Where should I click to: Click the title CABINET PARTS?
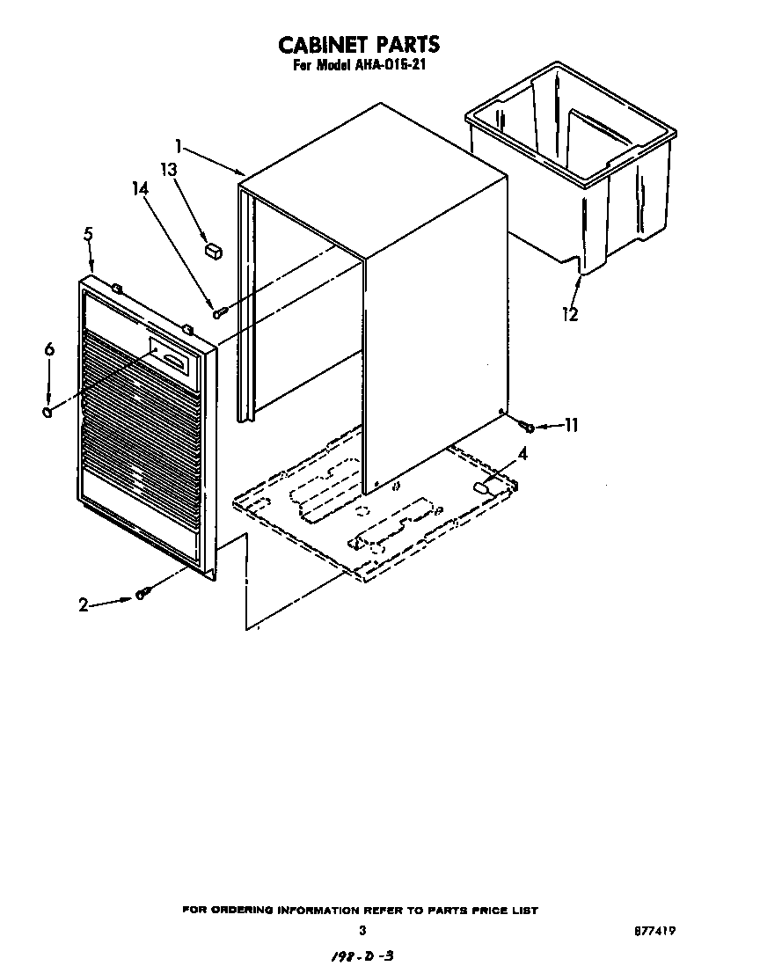358,44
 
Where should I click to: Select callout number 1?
178,144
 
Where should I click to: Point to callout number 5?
88,236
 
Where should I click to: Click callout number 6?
49,350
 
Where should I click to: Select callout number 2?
84,604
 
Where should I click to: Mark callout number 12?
570,313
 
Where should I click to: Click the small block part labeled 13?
212,251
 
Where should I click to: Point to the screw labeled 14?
219,310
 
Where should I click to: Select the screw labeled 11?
528,427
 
